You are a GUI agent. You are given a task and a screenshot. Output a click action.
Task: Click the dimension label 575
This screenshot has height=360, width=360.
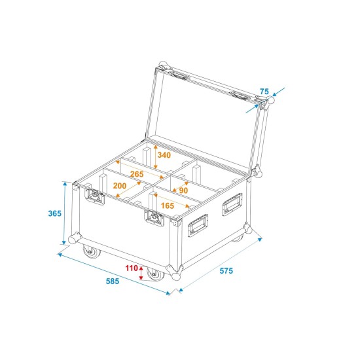click(226, 270)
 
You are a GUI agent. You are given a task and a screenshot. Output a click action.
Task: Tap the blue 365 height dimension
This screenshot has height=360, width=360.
click(55, 213)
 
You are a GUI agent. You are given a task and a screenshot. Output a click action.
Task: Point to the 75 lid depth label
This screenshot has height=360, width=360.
click(264, 91)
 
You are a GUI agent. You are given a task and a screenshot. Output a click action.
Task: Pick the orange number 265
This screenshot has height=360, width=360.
click(136, 174)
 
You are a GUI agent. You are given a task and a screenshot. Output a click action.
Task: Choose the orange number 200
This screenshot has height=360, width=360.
click(120, 186)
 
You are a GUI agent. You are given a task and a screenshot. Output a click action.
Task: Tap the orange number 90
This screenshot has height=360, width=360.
click(183, 190)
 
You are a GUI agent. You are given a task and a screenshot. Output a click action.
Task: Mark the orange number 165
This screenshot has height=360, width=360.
click(167, 206)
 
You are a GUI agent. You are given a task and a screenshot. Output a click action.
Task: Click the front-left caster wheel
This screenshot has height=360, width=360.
click(88, 251)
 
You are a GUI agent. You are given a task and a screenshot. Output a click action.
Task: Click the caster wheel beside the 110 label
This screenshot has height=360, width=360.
click(155, 274)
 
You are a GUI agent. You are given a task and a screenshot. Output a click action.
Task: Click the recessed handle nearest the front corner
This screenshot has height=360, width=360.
click(198, 226)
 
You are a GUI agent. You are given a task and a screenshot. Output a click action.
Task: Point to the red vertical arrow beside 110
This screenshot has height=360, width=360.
click(142, 272)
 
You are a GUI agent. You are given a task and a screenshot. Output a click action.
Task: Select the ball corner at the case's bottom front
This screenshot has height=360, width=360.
click(173, 270)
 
